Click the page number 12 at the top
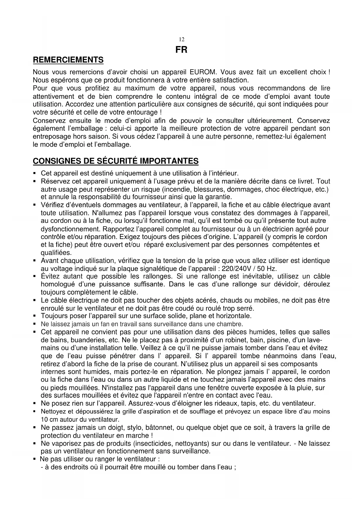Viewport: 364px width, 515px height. point(182,40)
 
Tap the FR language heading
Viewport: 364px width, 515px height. point(181,50)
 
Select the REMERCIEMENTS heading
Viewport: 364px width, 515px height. point(68,60)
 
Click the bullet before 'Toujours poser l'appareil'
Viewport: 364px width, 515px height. point(35,317)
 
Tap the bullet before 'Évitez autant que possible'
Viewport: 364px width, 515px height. point(35,277)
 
